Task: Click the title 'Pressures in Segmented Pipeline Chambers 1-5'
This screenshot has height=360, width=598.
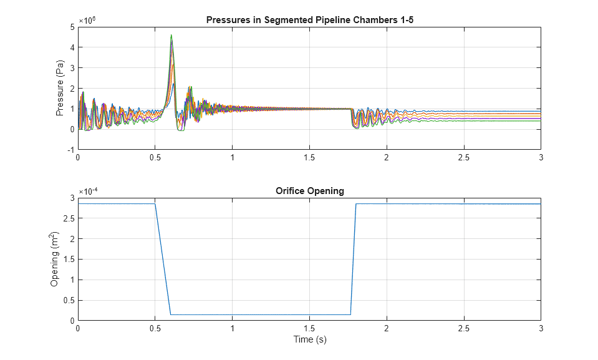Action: pos(309,20)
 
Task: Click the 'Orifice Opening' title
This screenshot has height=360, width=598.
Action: pos(309,191)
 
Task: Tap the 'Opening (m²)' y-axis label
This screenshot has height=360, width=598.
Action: pos(55,259)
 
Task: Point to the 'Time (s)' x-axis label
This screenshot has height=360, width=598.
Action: pos(309,340)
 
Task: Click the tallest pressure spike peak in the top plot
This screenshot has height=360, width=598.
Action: pos(171,36)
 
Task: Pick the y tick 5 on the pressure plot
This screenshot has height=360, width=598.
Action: pos(72,26)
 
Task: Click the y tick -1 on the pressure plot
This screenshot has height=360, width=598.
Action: pos(71,150)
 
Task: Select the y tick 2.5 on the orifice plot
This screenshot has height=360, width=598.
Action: pos(69,218)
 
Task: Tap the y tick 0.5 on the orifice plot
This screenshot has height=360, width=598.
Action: pos(69,301)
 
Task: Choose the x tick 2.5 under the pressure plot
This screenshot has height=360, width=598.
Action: pos(463,158)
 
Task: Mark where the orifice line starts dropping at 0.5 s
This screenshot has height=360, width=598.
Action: pos(155,203)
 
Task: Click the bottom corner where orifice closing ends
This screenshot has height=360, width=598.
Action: pos(171,314)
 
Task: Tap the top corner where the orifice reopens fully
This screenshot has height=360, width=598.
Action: pos(356,203)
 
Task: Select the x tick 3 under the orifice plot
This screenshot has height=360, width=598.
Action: pos(541,328)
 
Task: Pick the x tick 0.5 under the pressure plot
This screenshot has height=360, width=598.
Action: pos(155,158)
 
